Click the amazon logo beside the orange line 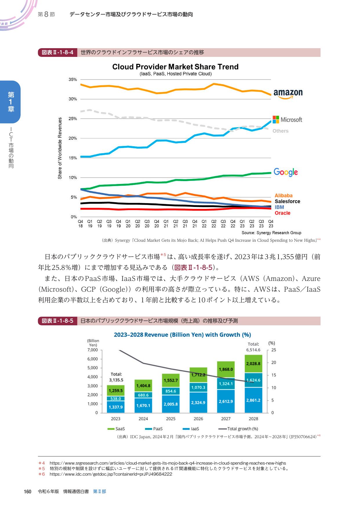pyautogui.click(x=288, y=93)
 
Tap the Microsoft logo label pyautogui.click(x=287, y=120)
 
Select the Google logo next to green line pyautogui.click(x=286, y=172)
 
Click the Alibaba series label pyautogui.click(x=283, y=196)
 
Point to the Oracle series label pyautogui.click(x=283, y=213)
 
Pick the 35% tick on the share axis pyautogui.click(x=73, y=80)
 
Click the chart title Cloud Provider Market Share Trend pyautogui.click(x=175, y=67)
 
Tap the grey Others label pyautogui.click(x=281, y=131)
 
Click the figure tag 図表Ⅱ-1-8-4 pyautogui.click(x=57, y=53)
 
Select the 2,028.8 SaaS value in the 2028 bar pyautogui.click(x=253, y=364)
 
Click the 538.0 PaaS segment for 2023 pyautogui.click(x=115, y=399)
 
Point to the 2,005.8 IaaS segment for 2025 pyautogui.click(x=171, y=404)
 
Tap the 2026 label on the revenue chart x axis pyautogui.click(x=198, y=419)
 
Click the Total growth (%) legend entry pyautogui.click(x=238, y=429)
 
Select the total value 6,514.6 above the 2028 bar pyautogui.click(x=253, y=350)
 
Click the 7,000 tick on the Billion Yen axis pyautogui.click(x=93, y=350)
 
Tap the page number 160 pyautogui.click(x=28, y=492)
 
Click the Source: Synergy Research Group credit pyautogui.click(x=271, y=233)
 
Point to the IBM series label pyautogui.click(x=279, y=207)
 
